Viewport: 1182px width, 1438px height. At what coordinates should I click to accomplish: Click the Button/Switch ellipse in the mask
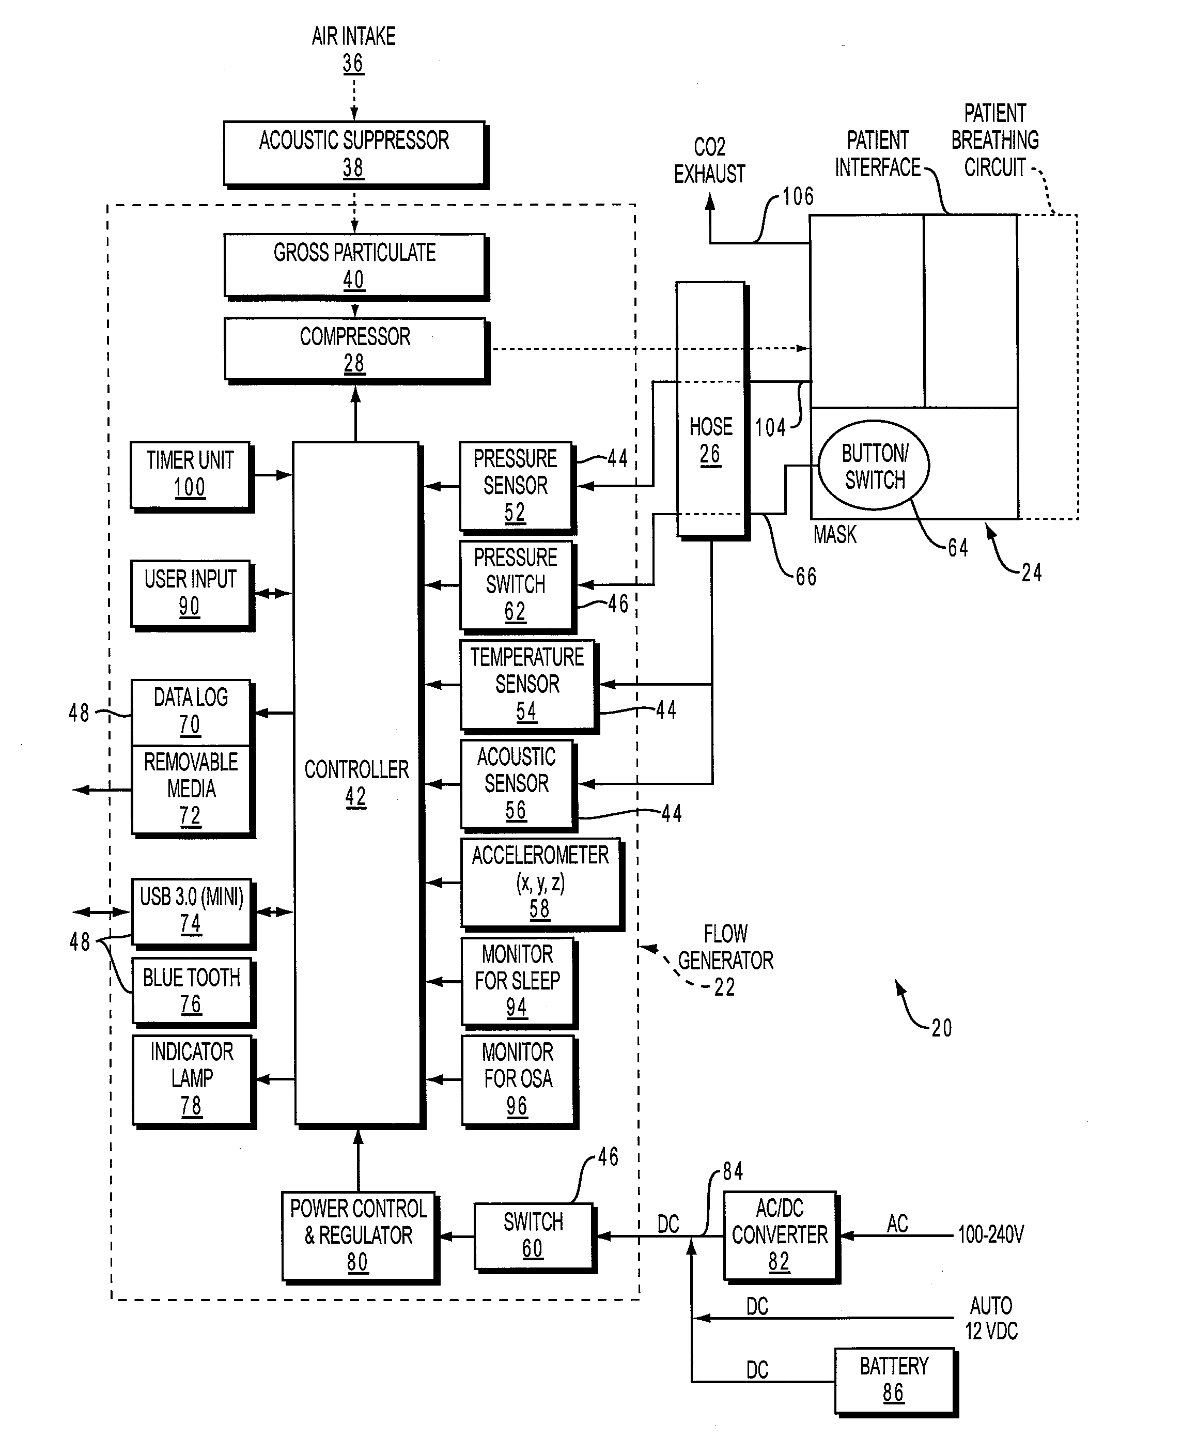pyautogui.click(x=874, y=465)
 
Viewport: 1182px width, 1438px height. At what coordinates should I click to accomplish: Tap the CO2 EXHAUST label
pyautogui.click(x=709, y=161)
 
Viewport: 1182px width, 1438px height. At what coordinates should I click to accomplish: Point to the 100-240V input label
pyautogui.click(x=991, y=1234)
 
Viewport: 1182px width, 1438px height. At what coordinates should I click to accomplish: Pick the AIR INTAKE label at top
pyautogui.click(x=353, y=36)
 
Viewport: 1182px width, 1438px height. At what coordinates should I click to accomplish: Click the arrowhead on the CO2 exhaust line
pyautogui.click(x=710, y=202)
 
